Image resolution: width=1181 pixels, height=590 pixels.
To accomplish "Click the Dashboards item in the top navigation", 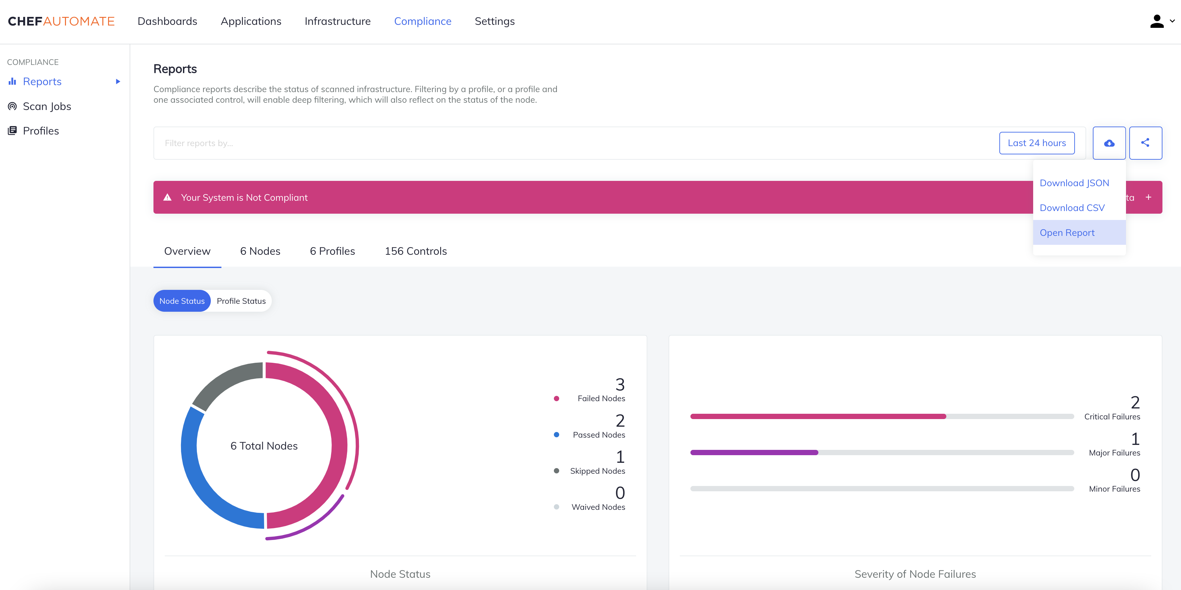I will coord(167,21).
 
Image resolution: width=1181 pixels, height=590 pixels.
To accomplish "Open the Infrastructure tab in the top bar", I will coord(337,21).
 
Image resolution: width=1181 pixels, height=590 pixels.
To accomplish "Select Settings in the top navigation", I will coord(495,21).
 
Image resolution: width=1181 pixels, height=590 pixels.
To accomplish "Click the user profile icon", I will coord(1157,21).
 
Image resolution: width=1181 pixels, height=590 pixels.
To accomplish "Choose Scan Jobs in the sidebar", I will coord(47,106).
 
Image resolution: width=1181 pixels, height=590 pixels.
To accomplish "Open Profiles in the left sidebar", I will coord(41,131).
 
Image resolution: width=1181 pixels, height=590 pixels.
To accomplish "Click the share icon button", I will coord(1145,143).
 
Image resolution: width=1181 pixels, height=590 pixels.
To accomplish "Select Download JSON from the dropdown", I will coord(1074,183).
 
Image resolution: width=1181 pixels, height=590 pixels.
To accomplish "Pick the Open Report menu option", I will coord(1067,233).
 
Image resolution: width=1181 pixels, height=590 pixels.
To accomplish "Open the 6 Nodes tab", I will coord(260,251).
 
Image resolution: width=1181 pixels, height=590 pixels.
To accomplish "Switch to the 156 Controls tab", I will coord(415,251).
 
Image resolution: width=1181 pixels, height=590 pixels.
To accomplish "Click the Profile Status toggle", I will coord(241,301).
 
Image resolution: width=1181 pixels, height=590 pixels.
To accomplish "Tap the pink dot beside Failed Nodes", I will coord(556,399).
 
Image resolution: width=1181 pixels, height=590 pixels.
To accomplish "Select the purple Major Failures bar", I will coord(754,453).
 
